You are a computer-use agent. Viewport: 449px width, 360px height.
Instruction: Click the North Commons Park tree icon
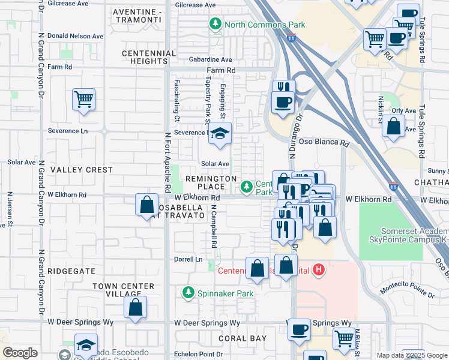tap(214, 25)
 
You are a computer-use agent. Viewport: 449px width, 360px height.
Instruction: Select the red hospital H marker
tap(319, 270)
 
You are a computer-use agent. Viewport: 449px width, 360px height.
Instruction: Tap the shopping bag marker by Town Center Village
tap(136, 307)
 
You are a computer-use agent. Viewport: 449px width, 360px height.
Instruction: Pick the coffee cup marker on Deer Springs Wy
tap(299, 329)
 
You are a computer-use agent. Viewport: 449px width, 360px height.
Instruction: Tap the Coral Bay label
tap(243, 338)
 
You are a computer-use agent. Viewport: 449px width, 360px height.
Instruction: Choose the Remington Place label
tap(211, 183)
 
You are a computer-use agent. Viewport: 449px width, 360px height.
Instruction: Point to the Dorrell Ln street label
tap(188, 259)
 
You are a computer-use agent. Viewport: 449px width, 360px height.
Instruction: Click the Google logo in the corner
tap(20, 353)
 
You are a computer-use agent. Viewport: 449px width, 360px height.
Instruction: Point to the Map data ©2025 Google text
tap(412, 355)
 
